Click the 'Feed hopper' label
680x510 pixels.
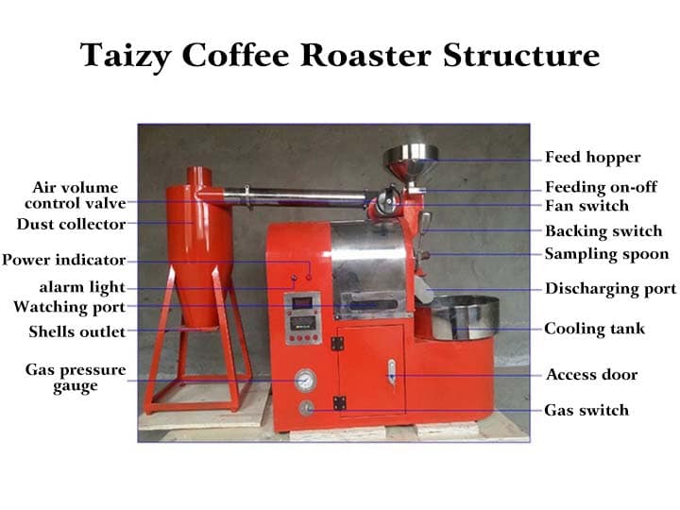click(592, 158)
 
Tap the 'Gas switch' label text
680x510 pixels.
click(586, 410)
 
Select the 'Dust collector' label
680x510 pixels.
click(71, 225)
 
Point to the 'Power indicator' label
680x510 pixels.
click(63, 260)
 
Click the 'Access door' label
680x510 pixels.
click(591, 375)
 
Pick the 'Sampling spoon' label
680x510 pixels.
click(606, 254)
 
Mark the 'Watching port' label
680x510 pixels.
click(69, 307)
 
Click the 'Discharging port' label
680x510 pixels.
click(610, 289)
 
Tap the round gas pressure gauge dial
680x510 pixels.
click(305, 381)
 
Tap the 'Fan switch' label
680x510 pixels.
click(586, 206)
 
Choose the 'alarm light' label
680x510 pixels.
click(82, 287)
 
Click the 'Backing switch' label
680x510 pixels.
click(603, 230)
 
